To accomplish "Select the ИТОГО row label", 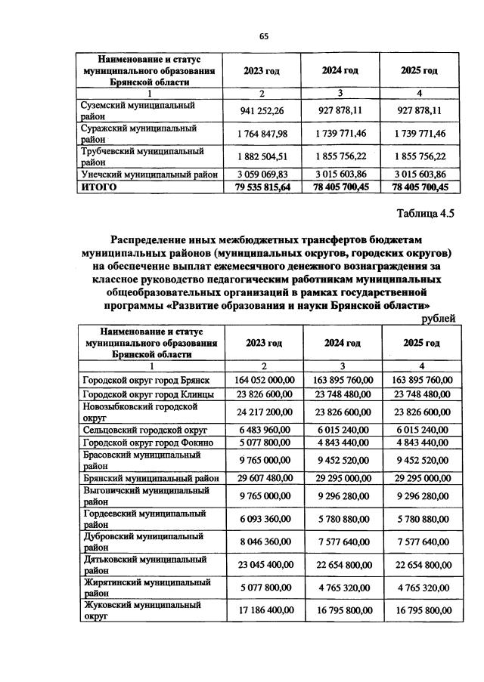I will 98,187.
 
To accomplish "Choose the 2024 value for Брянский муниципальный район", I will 342,477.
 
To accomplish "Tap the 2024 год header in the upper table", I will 340,71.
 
